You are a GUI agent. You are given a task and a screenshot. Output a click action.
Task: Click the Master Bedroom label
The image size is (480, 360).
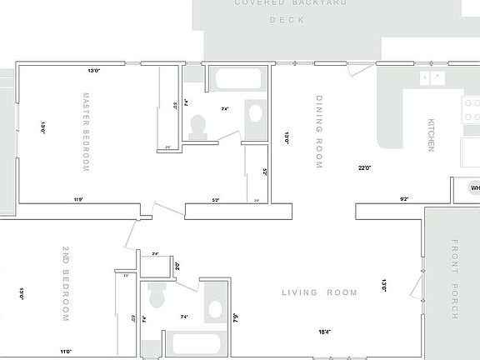coord(86,132)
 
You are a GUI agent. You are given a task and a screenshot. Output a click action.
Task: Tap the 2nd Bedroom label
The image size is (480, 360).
coord(66,283)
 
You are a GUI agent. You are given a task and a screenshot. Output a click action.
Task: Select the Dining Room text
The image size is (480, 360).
coord(319,132)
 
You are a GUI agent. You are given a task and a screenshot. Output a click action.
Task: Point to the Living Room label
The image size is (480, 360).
coord(319,292)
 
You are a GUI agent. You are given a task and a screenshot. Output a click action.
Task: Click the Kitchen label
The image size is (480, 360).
coord(431,134)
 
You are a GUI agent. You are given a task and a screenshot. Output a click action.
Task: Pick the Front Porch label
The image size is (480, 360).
coord(455,279)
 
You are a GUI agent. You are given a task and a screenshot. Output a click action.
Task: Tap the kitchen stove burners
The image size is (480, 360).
coord(471,112)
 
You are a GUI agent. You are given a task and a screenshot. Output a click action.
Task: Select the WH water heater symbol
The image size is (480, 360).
coord(474,188)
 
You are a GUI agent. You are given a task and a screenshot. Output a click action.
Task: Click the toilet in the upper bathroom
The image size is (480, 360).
coord(198,126)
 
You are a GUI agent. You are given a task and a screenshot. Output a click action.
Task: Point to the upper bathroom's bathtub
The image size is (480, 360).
coord(237,81)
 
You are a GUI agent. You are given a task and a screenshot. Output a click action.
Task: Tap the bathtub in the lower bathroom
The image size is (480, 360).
coord(194,344)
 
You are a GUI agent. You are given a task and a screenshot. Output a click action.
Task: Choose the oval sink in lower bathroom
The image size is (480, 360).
coord(216,310)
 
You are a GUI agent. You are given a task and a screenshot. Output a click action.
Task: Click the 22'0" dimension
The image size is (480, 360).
coord(364,167)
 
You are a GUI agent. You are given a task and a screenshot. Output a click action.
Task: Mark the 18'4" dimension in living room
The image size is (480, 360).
coord(323,332)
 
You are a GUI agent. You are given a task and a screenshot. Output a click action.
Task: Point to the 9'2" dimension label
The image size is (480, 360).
coord(404,199)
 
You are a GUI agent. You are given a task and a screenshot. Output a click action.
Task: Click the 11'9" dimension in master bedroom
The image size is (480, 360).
coord(78,199)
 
